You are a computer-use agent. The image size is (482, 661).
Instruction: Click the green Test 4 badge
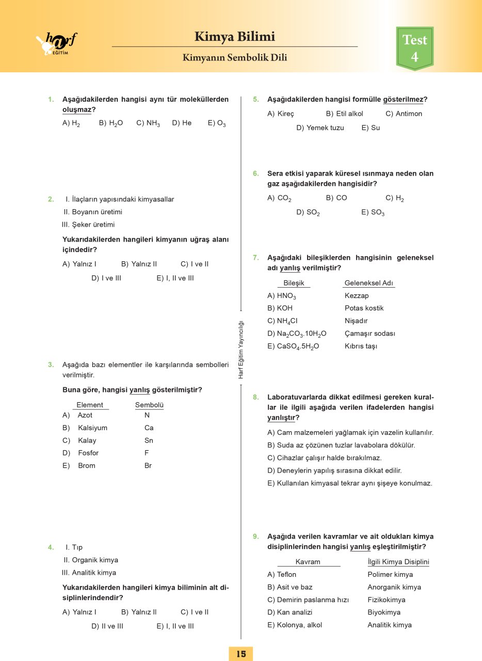[414, 48]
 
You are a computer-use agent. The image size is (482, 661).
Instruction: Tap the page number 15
[241, 653]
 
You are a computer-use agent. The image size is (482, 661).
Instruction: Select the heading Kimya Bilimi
[235, 37]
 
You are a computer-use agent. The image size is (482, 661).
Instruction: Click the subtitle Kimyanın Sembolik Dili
[235, 58]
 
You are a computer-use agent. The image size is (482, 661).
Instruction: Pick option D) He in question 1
[182, 123]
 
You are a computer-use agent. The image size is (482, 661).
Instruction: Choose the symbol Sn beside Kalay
[149, 440]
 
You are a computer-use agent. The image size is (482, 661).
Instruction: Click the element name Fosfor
[88, 453]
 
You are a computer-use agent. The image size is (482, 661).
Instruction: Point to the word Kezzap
[357, 296]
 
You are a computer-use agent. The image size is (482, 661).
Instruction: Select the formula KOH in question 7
[285, 308]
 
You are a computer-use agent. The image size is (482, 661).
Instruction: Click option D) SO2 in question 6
[308, 212]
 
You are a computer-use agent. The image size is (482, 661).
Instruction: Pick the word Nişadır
[356, 321]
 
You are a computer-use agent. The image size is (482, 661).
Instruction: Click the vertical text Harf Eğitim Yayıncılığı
[240, 350]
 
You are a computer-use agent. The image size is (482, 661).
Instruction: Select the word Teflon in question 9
[286, 574]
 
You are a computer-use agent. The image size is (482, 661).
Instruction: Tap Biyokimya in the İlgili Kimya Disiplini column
[384, 612]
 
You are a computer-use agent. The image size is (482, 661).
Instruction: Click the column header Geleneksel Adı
[369, 283]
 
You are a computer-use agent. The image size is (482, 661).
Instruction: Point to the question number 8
[255, 397]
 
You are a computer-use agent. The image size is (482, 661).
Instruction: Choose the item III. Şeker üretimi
[88, 225]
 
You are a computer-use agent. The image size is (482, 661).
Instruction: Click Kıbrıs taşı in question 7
[361, 346]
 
